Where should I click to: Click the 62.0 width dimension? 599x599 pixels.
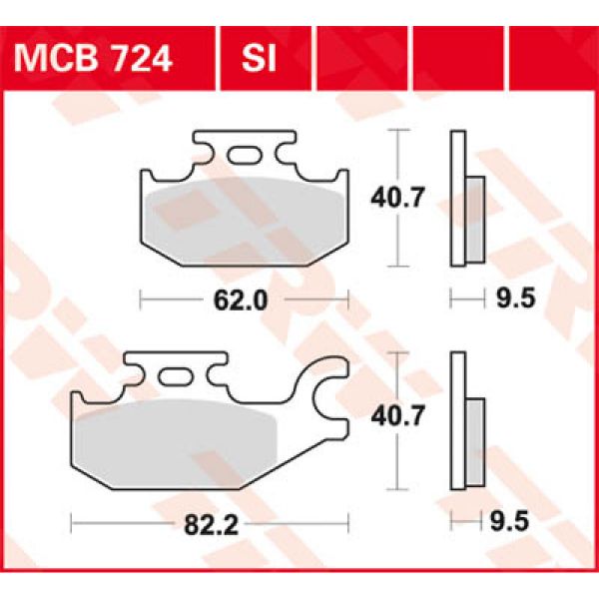(x=245, y=299)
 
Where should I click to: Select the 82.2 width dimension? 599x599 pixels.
(x=208, y=520)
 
